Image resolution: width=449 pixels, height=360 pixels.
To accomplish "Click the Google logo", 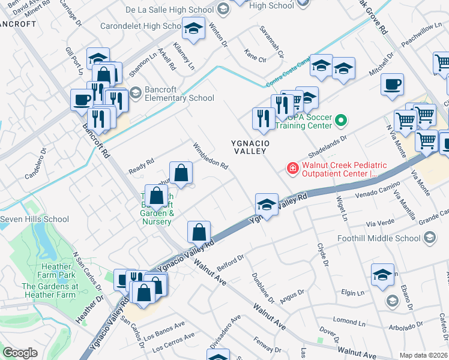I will point(20,353).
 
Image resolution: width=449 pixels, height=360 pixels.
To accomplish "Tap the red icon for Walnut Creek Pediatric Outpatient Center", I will point(292,168).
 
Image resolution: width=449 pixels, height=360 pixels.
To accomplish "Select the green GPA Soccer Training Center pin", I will point(341,120).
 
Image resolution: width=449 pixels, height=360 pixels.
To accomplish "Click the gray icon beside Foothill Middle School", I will point(429,238).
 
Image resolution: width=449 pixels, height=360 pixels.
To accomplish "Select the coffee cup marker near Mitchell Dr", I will point(392,85).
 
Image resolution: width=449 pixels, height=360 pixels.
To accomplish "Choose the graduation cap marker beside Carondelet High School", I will point(193,29).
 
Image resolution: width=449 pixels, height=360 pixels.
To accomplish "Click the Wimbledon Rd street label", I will point(210,156).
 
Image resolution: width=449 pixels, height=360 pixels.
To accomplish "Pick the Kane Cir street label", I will point(255,59).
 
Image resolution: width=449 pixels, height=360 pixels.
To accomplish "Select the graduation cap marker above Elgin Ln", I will point(382,275).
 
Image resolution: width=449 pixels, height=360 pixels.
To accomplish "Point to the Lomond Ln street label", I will point(349,321).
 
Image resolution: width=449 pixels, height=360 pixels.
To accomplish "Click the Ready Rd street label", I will point(142,166).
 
